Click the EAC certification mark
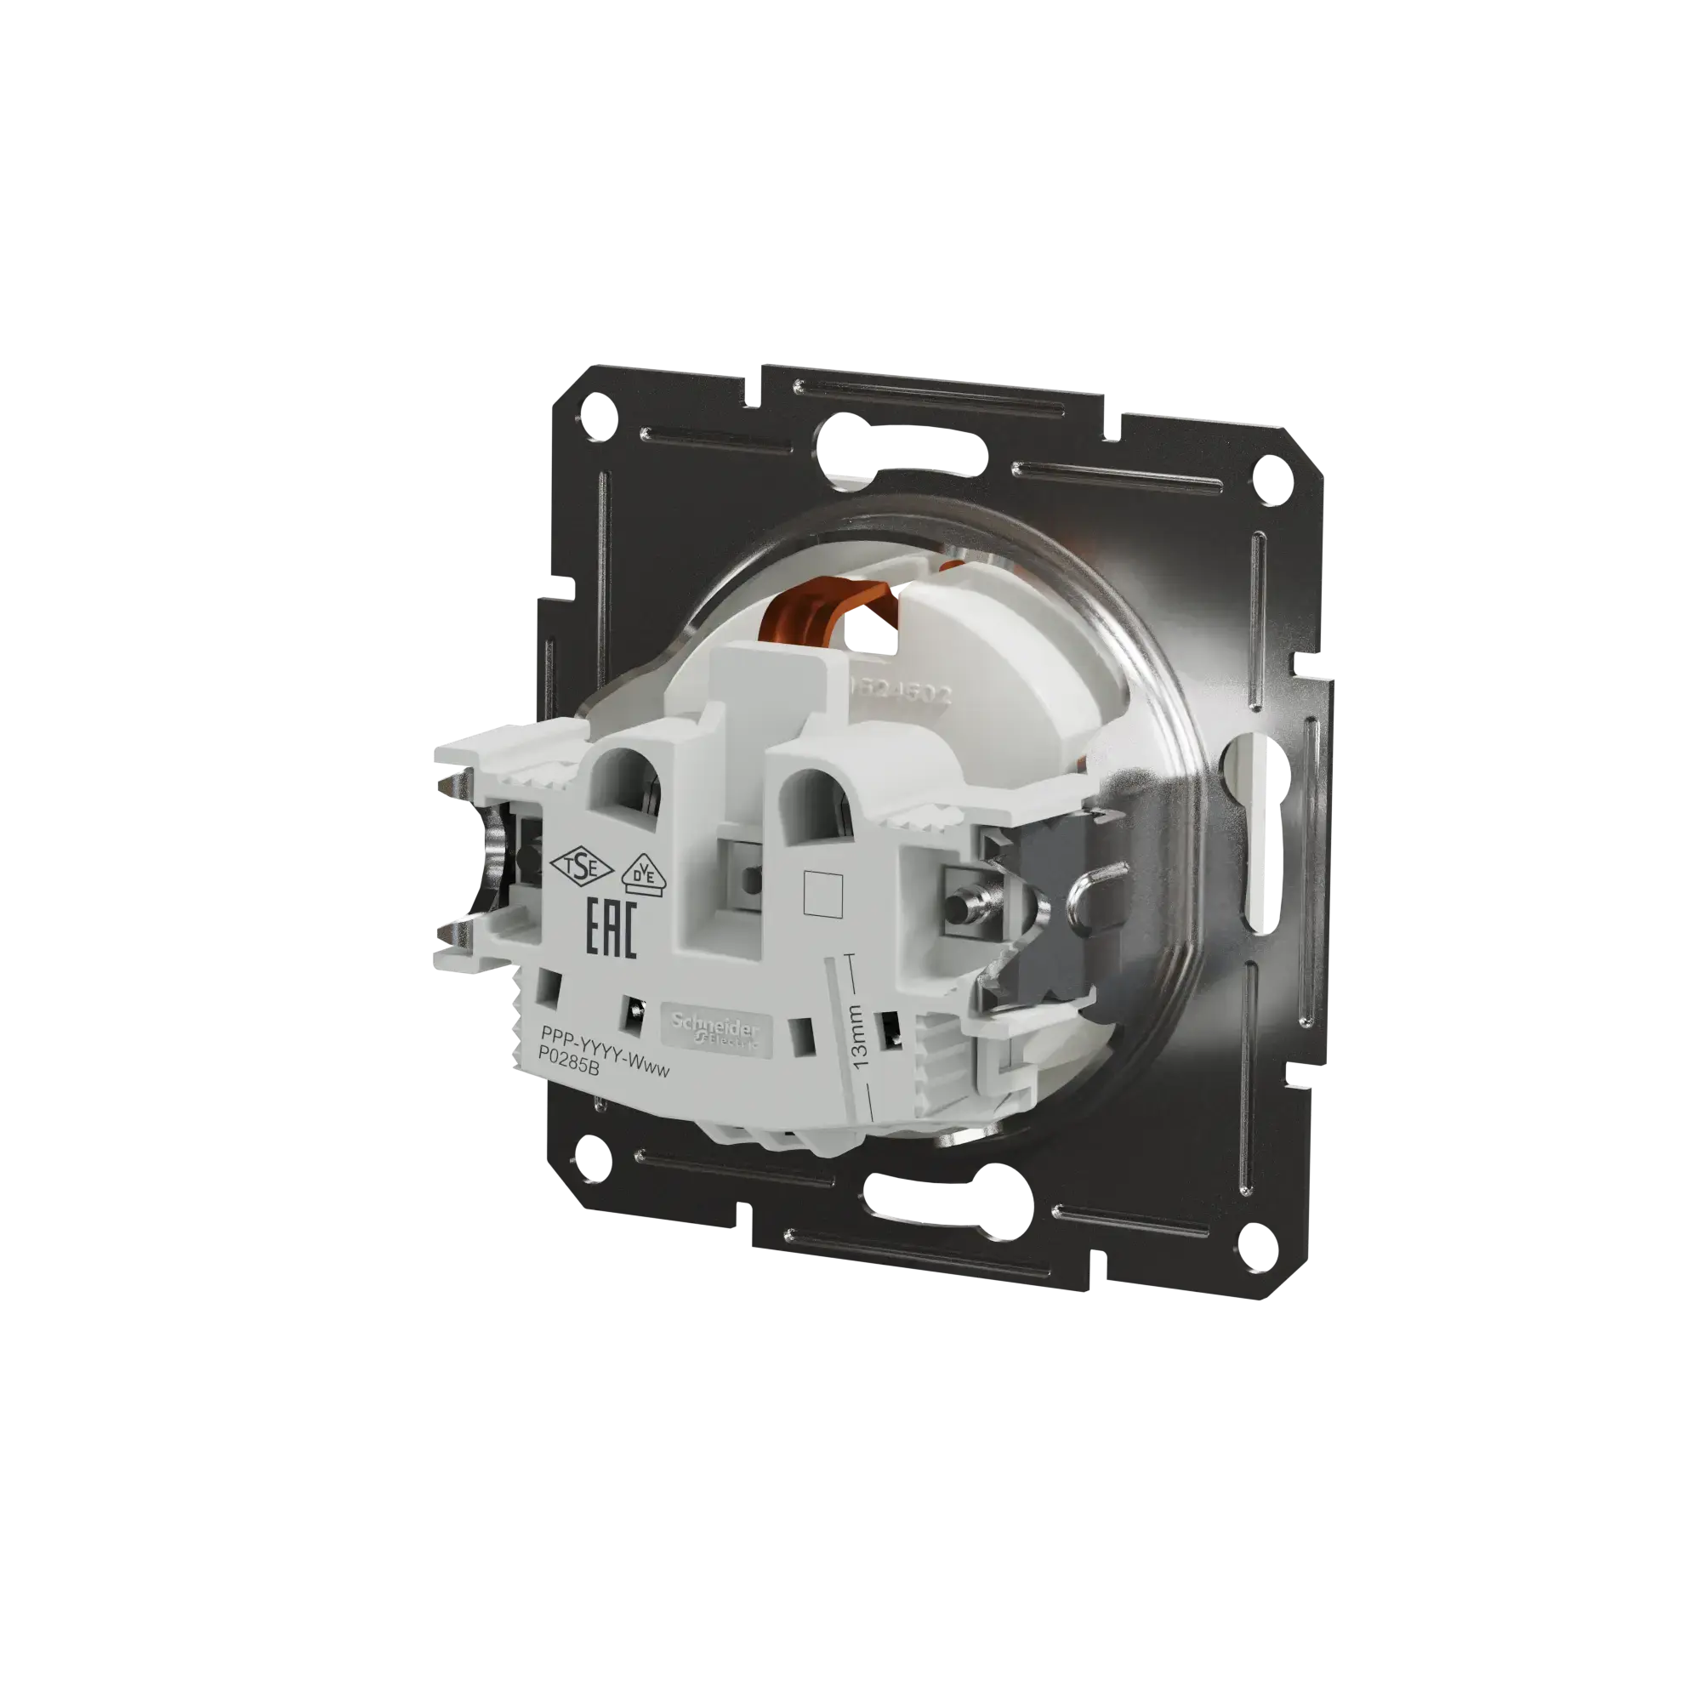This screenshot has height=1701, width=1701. pyautogui.click(x=611, y=927)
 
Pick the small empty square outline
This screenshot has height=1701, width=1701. pyautogui.click(x=825, y=894)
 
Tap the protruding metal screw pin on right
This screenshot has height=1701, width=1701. pyautogui.click(x=955, y=905)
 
